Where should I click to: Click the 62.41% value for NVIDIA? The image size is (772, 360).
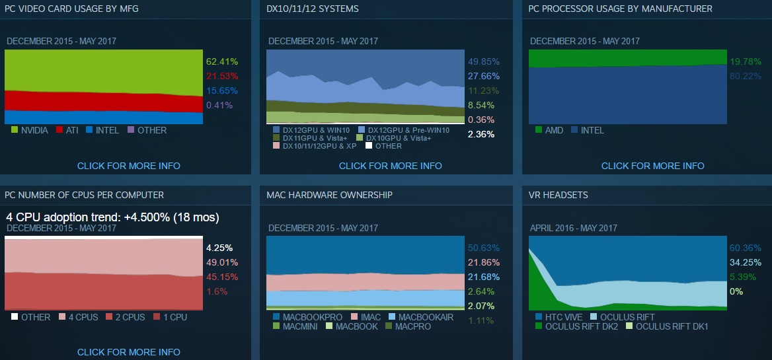[x=221, y=61]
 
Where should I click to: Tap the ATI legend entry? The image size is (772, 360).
[x=67, y=130]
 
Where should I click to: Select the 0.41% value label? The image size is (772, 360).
[x=219, y=105]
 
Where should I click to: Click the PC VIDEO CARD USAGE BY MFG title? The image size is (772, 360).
[x=71, y=9]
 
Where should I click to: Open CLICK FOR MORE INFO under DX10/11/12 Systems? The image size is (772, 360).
[x=390, y=166]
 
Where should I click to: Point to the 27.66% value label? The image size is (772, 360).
[x=483, y=76]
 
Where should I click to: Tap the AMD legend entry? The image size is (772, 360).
[x=549, y=130]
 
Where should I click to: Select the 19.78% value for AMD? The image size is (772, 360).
[x=745, y=61]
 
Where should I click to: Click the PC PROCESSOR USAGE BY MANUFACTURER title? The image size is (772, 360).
[x=621, y=9]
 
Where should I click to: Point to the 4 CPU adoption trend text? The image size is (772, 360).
[x=112, y=217]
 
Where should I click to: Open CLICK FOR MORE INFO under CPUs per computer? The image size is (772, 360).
[x=128, y=352]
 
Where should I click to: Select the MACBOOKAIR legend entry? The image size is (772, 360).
[x=420, y=317]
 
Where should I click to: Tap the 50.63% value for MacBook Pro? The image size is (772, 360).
[x=483, y=248]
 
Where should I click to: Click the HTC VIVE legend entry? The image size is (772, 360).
[x=559, y=317]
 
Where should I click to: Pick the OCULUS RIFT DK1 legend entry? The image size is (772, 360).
[x=666, y=326]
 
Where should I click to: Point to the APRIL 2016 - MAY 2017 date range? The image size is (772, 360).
[x=573, y=228]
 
